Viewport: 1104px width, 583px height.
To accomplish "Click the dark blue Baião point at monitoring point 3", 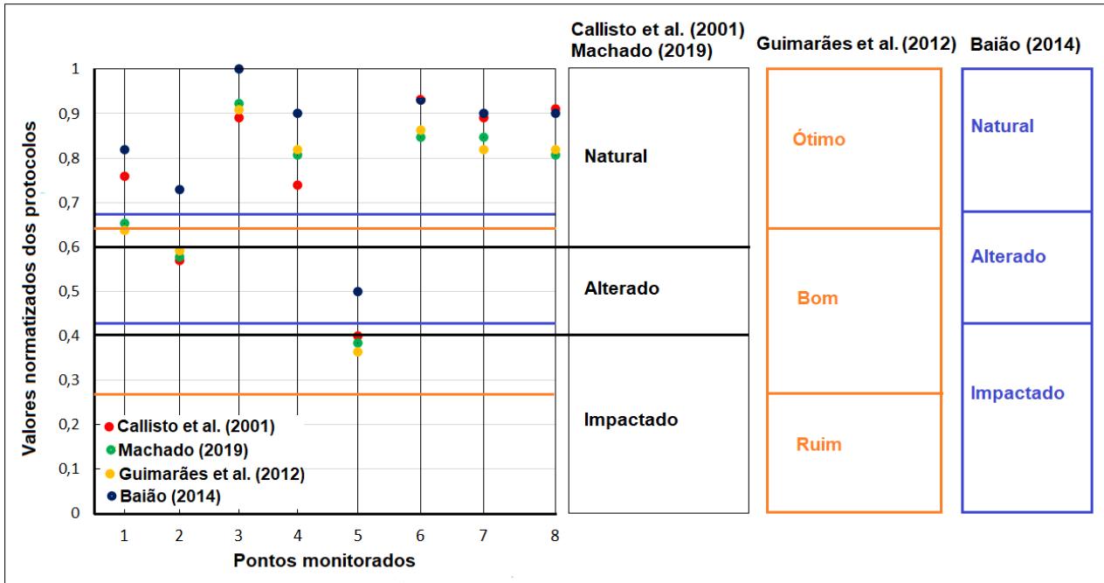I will point(239,69).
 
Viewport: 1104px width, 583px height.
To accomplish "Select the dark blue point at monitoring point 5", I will point(357,291).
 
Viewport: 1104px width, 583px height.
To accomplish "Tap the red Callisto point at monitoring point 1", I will point(125,177).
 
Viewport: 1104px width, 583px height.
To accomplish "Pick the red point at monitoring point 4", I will point(298,185).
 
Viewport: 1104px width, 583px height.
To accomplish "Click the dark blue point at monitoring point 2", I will point(180,190).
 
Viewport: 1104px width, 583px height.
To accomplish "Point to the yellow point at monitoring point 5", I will point(357,352).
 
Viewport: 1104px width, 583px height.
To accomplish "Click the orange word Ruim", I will point(818,445).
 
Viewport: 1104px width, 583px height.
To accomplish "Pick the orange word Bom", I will point(818,298).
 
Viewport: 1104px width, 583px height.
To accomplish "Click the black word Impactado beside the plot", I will point(631,420).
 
